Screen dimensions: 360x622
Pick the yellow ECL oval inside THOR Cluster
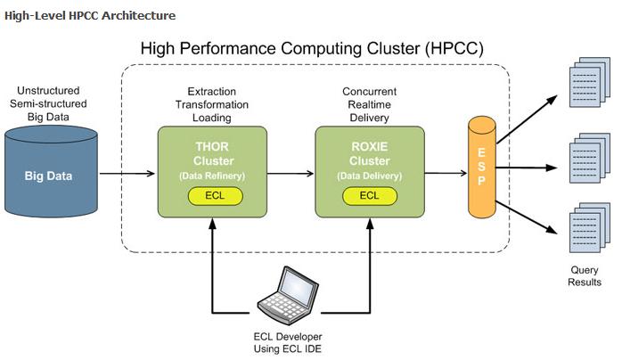[x=212, y=195]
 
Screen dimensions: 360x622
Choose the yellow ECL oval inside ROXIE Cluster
[x=369, y=195]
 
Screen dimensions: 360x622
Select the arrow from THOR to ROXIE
[x=291, y=174]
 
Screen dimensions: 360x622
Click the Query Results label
[x=585, y=276]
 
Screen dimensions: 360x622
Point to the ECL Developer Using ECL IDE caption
[x=290, y=343]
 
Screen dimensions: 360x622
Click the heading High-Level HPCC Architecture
[x=89, y=15]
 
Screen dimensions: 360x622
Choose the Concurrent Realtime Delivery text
[x=368, y=104]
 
